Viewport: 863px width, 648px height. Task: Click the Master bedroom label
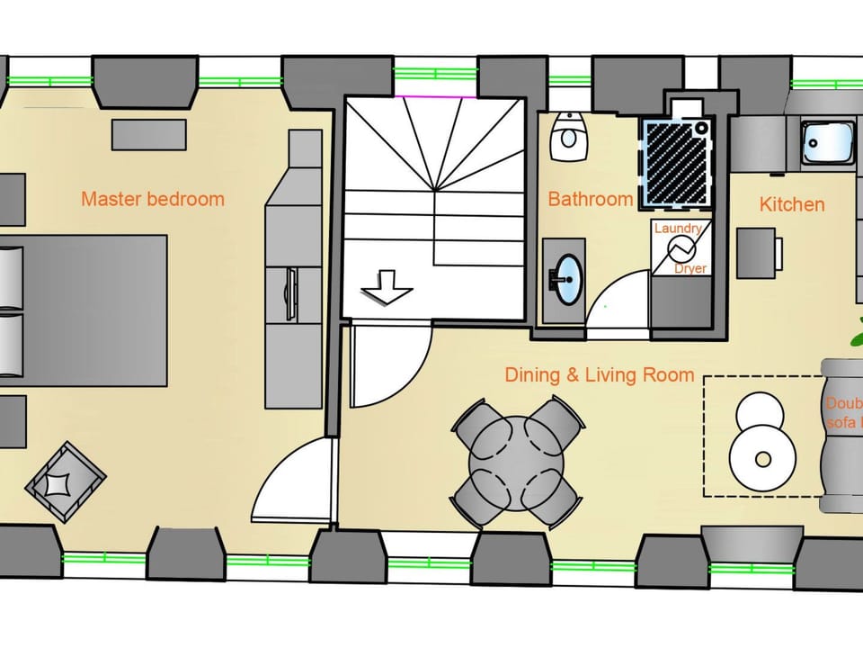152,199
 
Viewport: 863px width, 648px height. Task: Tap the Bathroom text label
590,199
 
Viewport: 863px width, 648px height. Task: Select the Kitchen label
791,204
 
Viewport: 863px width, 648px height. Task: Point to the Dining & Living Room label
599,374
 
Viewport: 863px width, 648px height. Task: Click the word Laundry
677,229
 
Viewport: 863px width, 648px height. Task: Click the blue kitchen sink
827,142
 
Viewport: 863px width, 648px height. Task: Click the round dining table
517,463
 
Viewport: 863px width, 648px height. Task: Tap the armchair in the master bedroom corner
65,481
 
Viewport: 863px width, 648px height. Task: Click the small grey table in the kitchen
757,252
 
